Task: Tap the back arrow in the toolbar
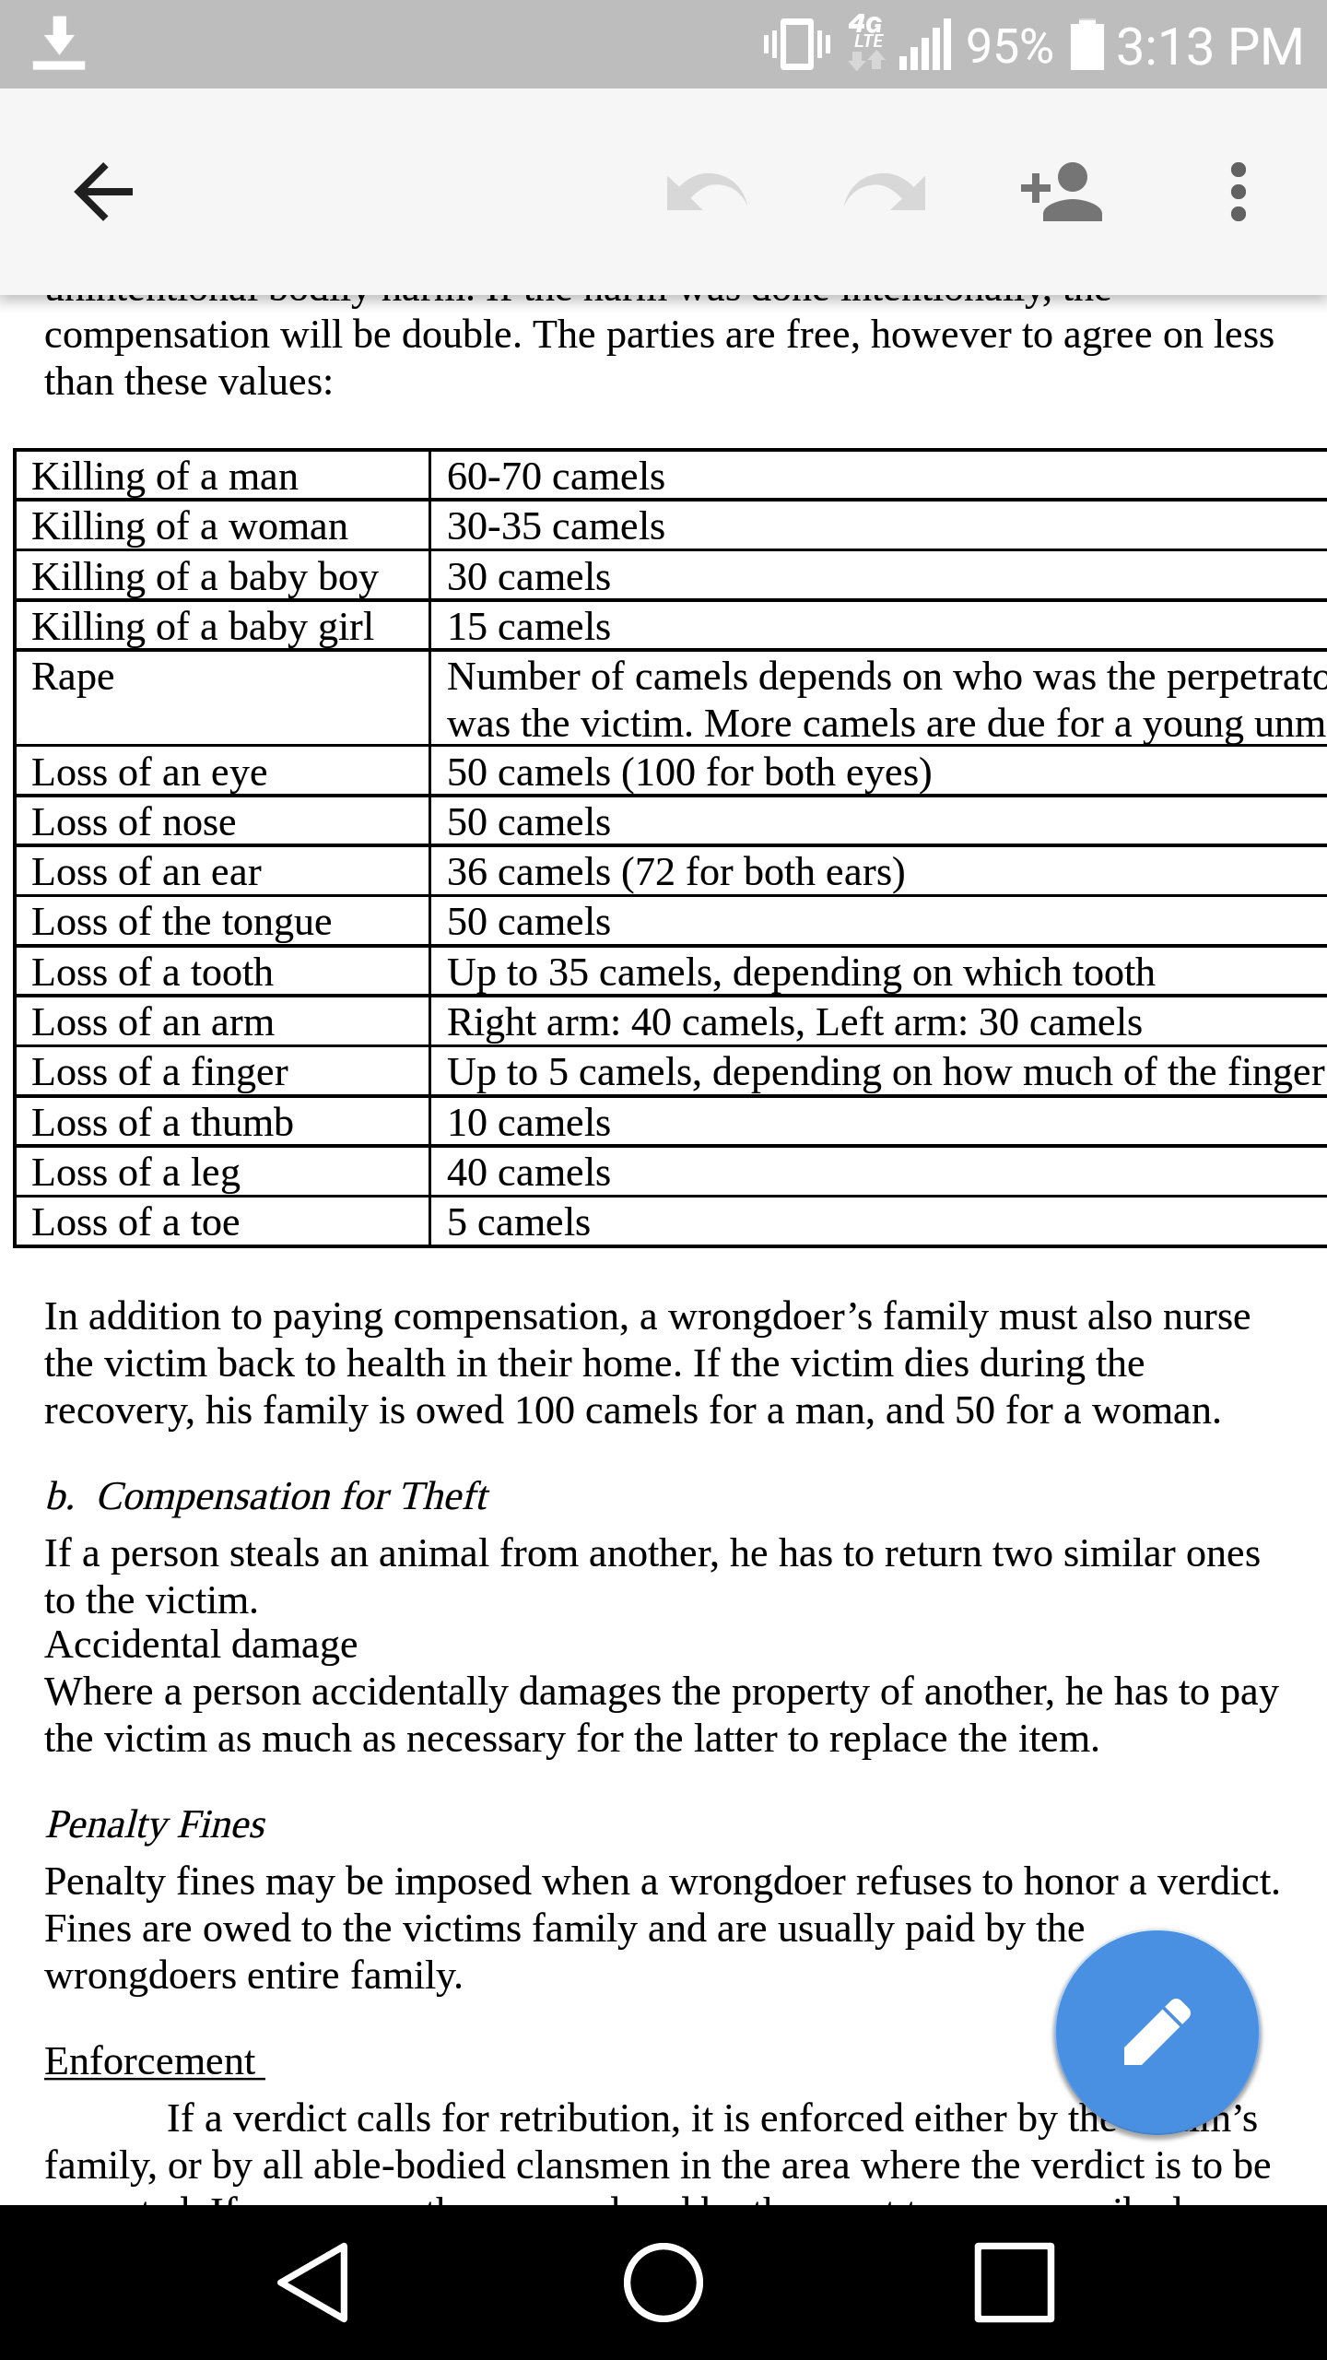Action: [103, 192]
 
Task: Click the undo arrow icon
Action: [706, 192]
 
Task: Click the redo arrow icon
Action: [885, 192]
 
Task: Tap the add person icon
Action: [1062, 192]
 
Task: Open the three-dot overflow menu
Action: [1239, 192]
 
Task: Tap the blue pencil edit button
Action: [1157, 2032]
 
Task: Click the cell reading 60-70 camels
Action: [556, 477]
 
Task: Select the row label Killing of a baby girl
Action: [203, 627]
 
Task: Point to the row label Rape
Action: [74, 677]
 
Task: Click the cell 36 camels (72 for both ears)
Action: [675, 872]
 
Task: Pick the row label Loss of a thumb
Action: [162, 1123]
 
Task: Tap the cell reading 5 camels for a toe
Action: [519, 1222]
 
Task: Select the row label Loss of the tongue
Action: [182, 922]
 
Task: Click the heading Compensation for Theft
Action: [291, 1495]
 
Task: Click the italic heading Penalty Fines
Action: [156, 1823]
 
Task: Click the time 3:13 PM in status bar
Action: [1209, 46]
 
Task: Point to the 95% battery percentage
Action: [1009, 46]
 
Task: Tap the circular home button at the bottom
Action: [663, 2283]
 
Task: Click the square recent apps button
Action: [1014, 2283]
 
